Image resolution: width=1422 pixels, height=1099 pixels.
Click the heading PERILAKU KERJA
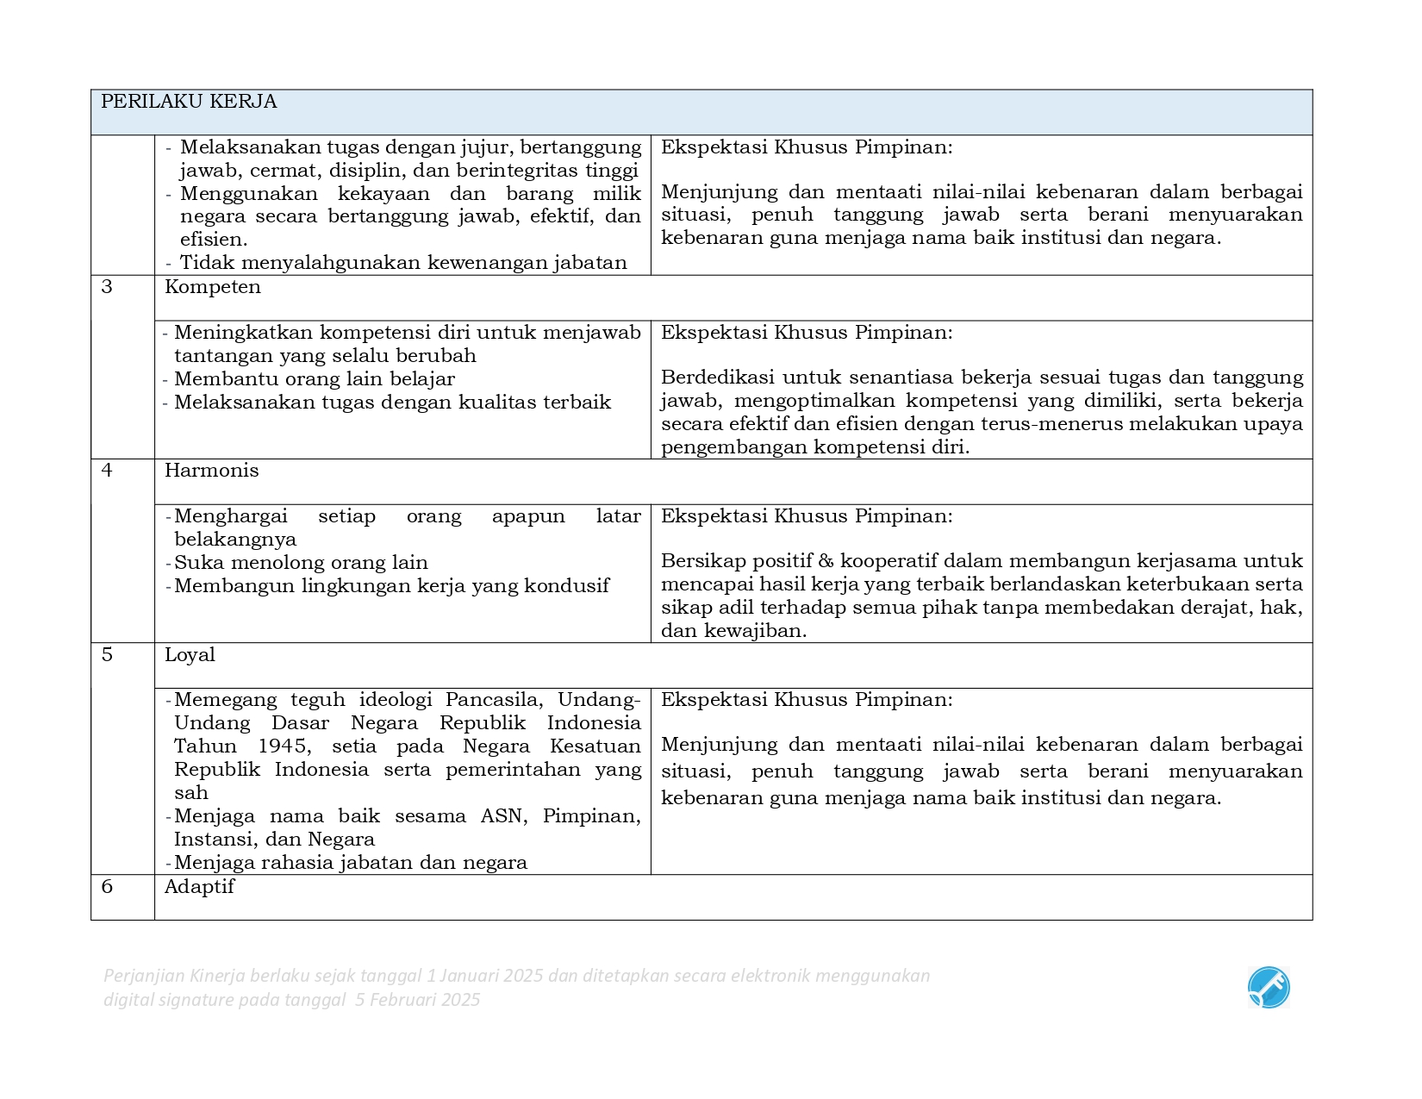coord(189,102)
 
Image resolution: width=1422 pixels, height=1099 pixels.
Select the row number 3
coord(107,287)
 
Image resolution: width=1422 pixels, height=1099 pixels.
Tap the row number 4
coord(107,471)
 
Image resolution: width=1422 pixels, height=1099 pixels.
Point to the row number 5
coord(107,655)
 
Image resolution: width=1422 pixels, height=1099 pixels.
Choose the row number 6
coord(107,887)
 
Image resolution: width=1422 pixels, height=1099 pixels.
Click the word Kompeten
coord(212,287)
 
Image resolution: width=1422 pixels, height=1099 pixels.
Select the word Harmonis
coord(211,471)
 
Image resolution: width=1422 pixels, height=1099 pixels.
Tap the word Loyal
coord(190,655)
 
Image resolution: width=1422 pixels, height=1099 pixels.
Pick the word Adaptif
coord(199,887)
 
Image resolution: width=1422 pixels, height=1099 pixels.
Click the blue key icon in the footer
coord(1269,988)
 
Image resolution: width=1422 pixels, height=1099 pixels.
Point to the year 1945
coord(284,746)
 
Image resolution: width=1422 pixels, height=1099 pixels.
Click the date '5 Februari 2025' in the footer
coord(417,1000)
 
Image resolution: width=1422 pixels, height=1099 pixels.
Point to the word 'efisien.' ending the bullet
coord(214,240)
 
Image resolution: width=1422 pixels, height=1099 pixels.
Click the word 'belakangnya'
coord(235,540)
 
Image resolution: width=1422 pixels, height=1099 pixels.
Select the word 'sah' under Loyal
coord(191,793)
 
